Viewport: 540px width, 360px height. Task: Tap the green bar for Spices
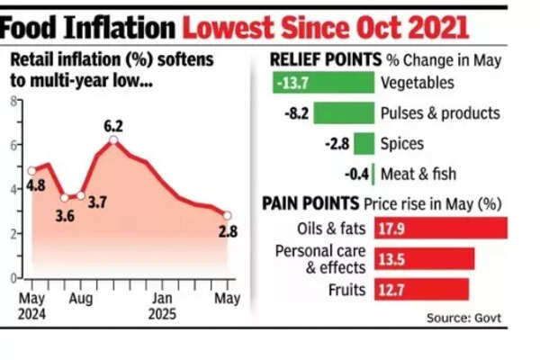click(x=364, y=143)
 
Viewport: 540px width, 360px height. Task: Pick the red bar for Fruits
click(x=422, y=289)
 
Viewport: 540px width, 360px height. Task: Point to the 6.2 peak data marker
click(x=114, y=139)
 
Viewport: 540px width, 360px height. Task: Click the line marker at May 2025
click(x=228, y=215)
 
